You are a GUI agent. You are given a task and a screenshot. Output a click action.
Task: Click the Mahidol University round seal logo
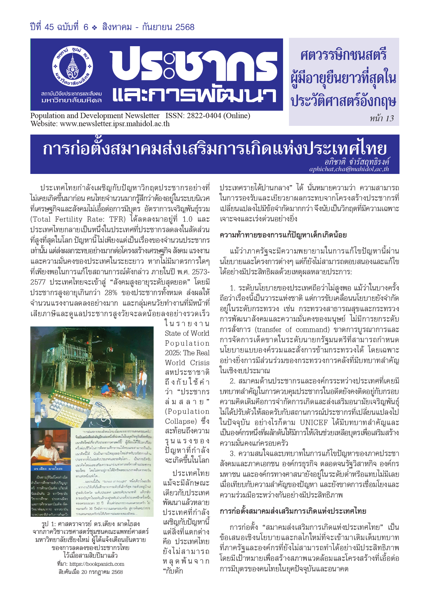pyautogui.click(x=73, y=66)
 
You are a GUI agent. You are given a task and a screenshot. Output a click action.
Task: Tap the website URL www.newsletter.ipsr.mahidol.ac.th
pyautogui.click(x=115, y=124)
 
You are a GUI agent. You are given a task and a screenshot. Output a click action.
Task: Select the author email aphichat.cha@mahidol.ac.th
pyautogui.click(x=349, y=169)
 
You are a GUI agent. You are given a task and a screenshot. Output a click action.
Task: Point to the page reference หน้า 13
pyautogui.click(x=382, y=118)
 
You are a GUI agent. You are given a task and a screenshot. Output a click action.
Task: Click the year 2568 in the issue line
pyautogui.click(x=185, y=27)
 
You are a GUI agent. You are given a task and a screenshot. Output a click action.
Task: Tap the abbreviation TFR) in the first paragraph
pyautogui.click(x=117, y=219)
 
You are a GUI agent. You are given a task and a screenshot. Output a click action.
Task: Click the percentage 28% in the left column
pyautogui.click(x=111, y=292)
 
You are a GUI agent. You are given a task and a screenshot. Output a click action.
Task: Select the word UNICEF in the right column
pyautogui.click(x=313, y=422)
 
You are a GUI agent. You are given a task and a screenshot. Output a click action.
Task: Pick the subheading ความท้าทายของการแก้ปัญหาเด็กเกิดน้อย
pyautogui.click(x=283, y=235)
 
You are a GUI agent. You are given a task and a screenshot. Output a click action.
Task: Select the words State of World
pyautogui.click(x=187, y=333)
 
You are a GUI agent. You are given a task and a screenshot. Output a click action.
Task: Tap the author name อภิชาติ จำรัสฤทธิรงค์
pyautogui.click(x=357, y=162)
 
